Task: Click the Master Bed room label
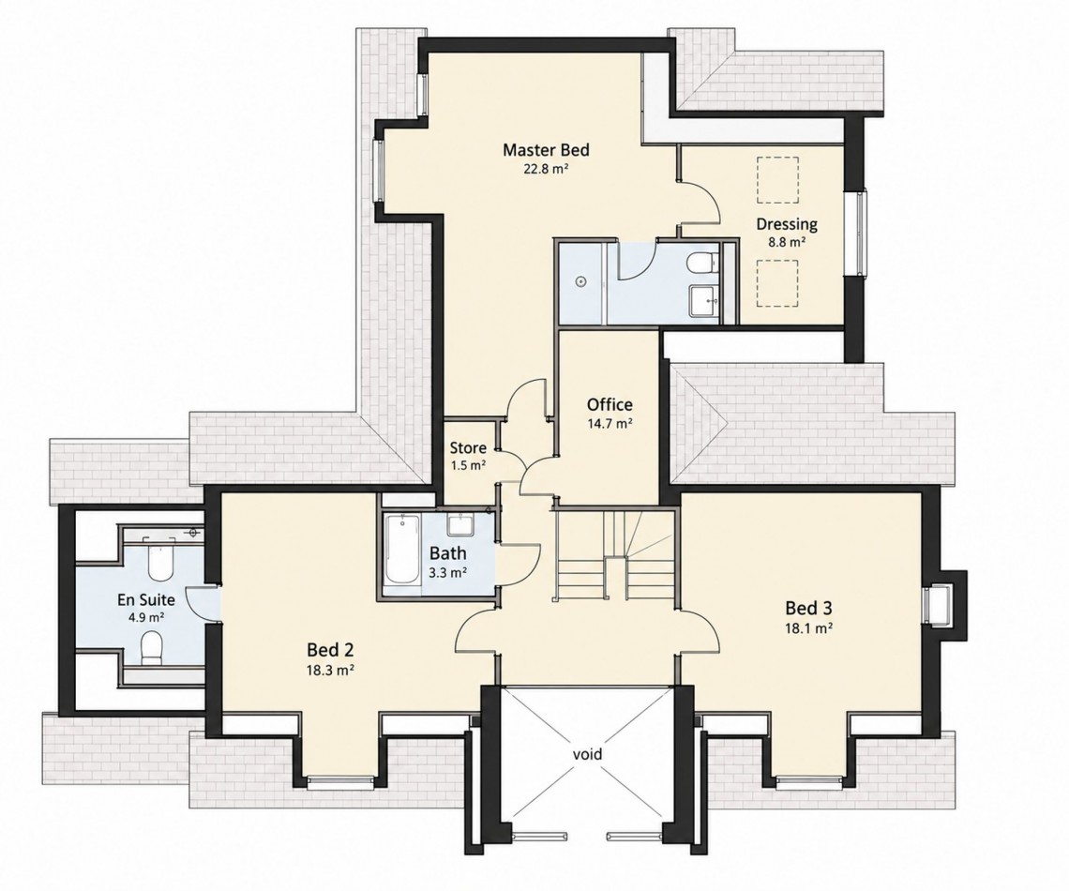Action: click(546, 149)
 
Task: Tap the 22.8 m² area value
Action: click(546, 169)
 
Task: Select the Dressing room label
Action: click(787, 224)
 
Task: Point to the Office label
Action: click(610, 404)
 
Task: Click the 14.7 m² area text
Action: click(610, 423)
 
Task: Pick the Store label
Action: click(468, 448)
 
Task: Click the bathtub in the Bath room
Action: click(402, 550)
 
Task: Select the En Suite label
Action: click(146, 600)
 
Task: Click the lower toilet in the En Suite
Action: click(151, 647)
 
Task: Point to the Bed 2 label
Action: click(330, 649)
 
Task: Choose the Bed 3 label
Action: click(808, 608)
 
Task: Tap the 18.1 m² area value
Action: click(809, 627)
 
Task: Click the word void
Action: click(587, 754)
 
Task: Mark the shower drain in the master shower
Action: click(580, 280)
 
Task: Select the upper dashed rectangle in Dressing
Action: click(777, 179)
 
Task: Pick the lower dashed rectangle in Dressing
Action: click(777, 286)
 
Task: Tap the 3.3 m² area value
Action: click(447, 573)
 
